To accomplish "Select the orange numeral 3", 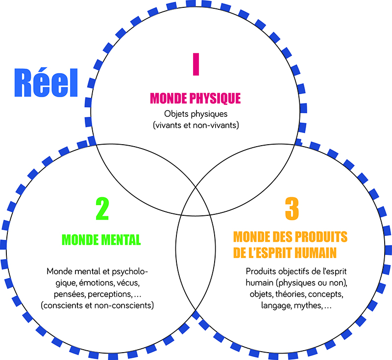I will pyautogui.click(x=292, y=209).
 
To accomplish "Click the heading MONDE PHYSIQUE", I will pyautogui.click(x=196, y=98).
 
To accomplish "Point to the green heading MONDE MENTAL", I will pyautogui.click(x=101, y=240).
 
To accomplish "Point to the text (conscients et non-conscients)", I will pyautogui.click(x=98, y=305).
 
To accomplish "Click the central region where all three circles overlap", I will pyautogui.click(x=196, y=201).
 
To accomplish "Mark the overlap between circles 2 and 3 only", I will pyautogui.click(x=196, y=260).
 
